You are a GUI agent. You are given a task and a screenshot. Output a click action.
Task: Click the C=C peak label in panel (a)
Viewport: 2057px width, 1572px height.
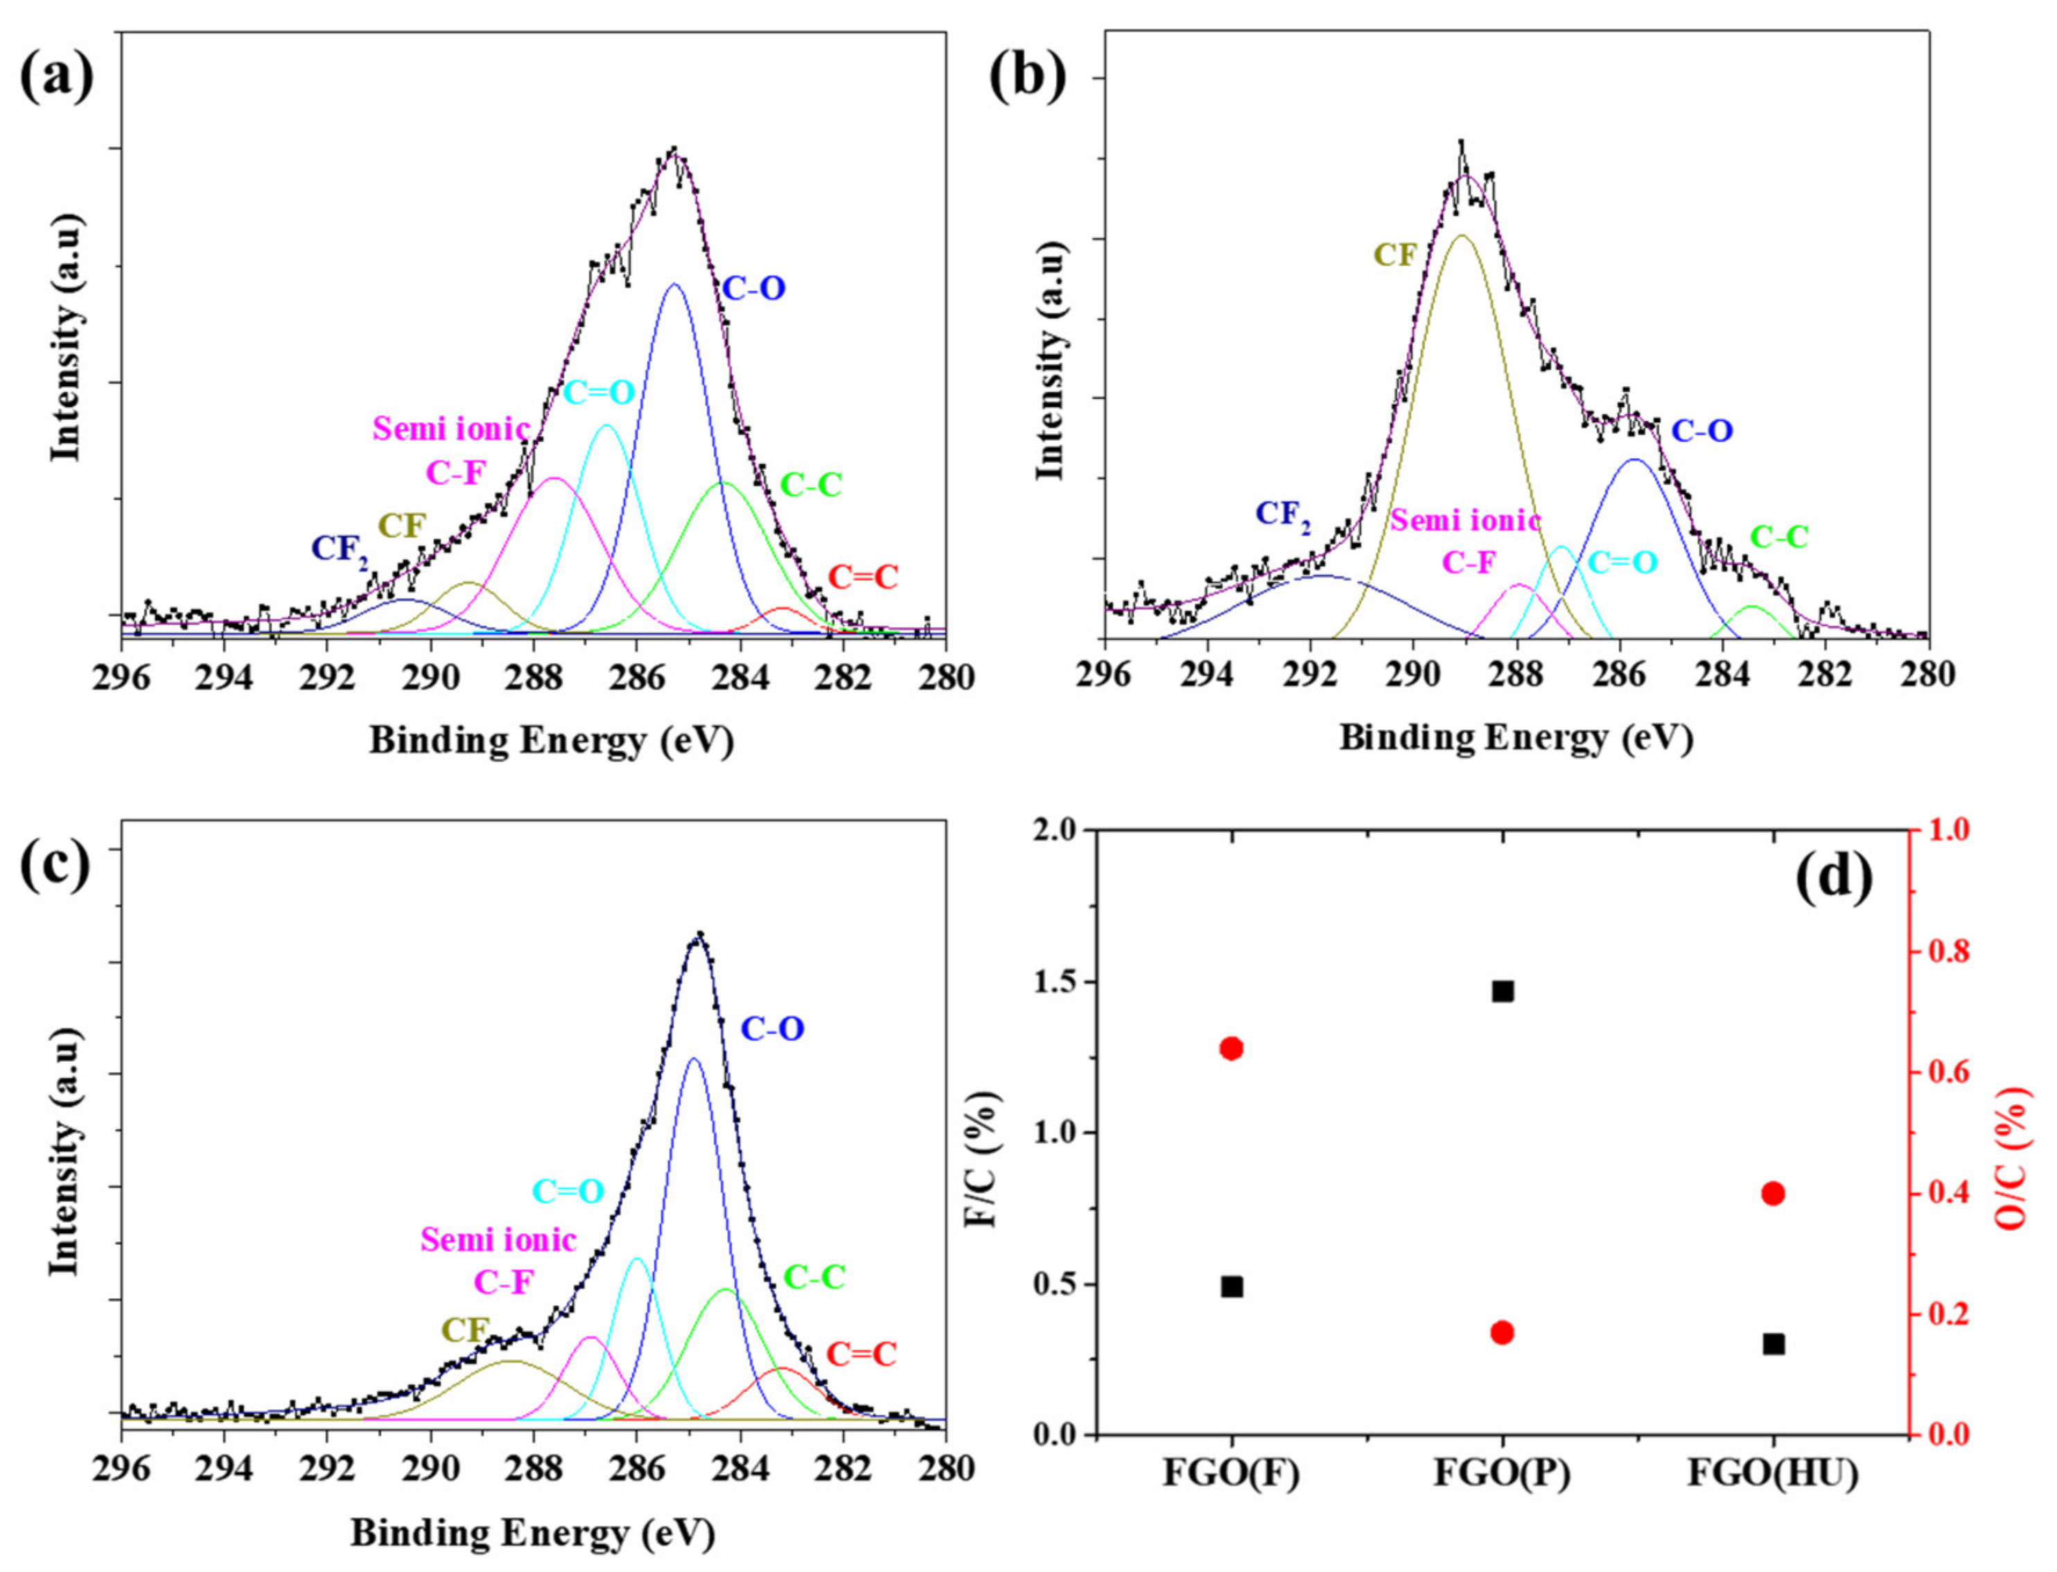861,577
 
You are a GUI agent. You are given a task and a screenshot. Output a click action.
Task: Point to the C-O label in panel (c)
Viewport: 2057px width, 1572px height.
772,1029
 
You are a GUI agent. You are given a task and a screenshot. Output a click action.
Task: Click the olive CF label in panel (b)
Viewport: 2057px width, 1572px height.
1394,254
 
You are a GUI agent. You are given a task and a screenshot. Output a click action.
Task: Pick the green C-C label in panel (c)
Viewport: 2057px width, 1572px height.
814,1277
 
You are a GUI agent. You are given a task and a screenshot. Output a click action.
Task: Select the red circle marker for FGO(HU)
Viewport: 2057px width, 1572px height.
1773,1193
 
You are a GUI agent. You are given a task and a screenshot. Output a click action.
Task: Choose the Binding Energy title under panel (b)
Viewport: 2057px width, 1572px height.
1516,738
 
